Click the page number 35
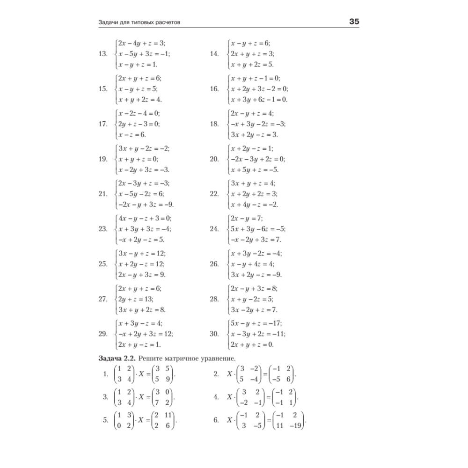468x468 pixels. pos(354,22)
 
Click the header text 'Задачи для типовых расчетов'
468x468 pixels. pos(139,22)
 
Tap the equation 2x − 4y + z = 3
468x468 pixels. pos(142,43)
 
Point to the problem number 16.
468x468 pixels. pos(215,89)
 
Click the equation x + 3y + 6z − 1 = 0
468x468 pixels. pos(259,99)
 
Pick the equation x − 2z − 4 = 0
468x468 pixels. pos(139,113)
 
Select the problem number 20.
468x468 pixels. pos(215,159)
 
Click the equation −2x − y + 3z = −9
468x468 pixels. pos(146,205)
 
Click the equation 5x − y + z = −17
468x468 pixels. pos(256,323)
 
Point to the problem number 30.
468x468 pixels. pos(215,334)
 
